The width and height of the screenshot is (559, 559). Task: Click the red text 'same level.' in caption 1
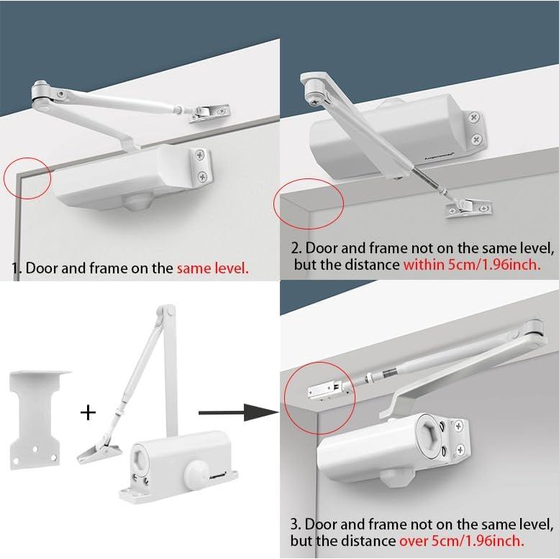tap(212, 268)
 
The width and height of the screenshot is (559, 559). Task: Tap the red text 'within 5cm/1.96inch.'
tap(472, 265)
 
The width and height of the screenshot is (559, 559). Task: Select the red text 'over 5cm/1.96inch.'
tap(462, 541)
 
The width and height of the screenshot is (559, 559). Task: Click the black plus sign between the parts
tap(88, 413)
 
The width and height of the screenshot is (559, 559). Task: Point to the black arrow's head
tap(261, 412)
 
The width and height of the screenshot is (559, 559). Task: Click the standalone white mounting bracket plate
tap(37, 420)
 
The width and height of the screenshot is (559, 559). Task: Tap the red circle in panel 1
tap(27, 178)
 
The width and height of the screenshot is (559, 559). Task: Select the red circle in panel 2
tap(309, 204)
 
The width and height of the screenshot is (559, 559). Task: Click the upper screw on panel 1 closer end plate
tap(200, 155)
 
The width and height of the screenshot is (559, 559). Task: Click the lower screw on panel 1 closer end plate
tap(202, 176)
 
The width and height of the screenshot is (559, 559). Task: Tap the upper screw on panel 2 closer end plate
tap(474, 117)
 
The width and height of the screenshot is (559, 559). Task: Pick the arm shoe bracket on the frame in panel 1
tap(209, 114)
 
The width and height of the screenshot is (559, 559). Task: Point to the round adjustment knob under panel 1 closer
tap(137, 202)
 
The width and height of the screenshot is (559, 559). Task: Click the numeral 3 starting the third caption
tap(294, 524)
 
